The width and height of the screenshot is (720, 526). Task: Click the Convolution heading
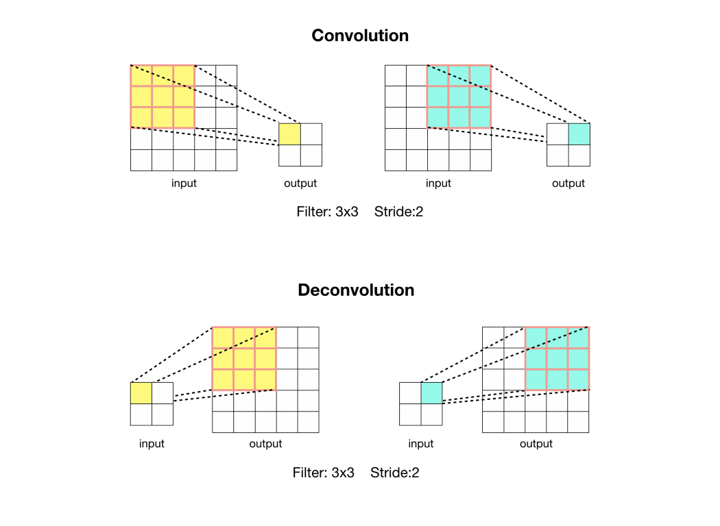click(359, 36)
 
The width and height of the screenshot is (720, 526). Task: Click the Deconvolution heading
click(356, 290)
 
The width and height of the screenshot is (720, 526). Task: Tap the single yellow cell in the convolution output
click(289, 134)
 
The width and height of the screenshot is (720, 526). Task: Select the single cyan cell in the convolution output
click(579, 134)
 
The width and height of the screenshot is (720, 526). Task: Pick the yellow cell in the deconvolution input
click(141, 393)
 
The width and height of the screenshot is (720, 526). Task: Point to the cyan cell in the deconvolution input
click(431, 393)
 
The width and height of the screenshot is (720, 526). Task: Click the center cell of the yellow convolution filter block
click(163, 97)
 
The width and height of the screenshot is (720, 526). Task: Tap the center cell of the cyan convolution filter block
click(459, 97)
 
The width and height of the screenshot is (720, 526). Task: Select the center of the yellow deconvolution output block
click(244, 359)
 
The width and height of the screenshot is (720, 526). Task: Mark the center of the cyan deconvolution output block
click(557, 358)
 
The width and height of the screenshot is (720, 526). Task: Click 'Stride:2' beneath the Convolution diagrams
click(398, 212)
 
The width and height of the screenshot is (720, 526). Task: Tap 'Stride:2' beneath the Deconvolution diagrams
click(394, 473)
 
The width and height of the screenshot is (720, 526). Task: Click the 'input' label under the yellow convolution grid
click(184, 184)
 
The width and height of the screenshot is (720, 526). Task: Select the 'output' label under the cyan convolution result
click(568, 184)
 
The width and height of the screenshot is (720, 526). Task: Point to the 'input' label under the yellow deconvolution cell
click(152, 444)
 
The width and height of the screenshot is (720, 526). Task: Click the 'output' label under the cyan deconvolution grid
click(536, 444)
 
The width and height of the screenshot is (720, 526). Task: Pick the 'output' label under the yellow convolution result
click(300, 184)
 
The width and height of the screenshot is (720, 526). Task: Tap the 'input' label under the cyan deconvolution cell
click(421, 444)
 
